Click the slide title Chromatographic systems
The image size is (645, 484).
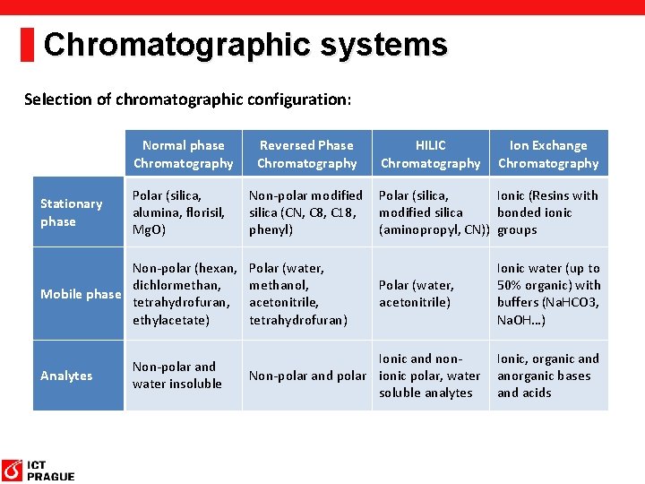tap(245, 44)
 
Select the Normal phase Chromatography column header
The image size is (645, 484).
tap(183, 154)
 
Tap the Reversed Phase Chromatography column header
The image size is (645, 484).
tap(306, 154)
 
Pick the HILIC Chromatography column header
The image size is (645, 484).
tap(430, 154)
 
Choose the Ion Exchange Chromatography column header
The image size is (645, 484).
tap(548, 154)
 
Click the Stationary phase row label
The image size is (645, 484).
tap(72, 212)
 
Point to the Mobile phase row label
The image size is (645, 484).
tap(79, 294)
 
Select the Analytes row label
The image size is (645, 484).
tap(66, 376)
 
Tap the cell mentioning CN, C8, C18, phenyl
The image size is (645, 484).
tap(305, 212)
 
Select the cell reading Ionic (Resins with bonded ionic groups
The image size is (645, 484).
tap(547, 212)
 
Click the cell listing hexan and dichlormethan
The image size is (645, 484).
tap(184, 294)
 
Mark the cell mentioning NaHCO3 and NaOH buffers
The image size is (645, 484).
tap(548, 294)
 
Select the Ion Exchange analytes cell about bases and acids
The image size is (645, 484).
tap(548, 376)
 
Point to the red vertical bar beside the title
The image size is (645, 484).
tap(27, 44)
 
